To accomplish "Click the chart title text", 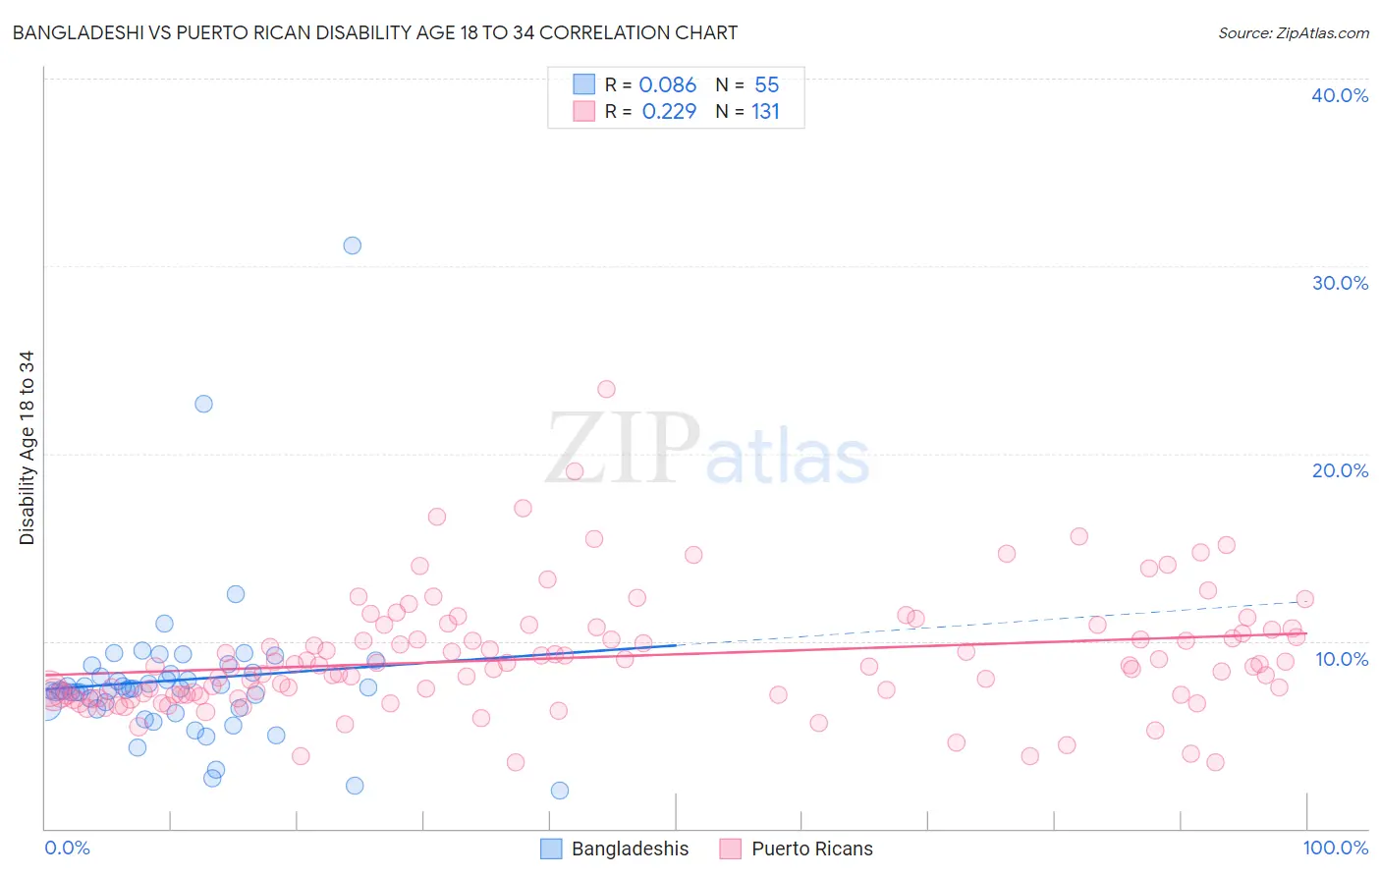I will (374, 32).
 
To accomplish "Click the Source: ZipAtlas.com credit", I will (1293, 32).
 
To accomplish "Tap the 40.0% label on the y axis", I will (1340, 95).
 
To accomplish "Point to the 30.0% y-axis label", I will (1340, 283).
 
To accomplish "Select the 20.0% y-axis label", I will (1340, 470).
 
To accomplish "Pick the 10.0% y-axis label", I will (1342, 659).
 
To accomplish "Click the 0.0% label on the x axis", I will (67, 848).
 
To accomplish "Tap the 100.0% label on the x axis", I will (1335, 848).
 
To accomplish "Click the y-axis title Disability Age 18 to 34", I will (27, 448).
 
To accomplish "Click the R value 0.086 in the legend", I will (667, 84).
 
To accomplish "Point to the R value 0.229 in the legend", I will (669, 111).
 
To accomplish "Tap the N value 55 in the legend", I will (766, 84).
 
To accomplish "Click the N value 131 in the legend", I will (765, 111).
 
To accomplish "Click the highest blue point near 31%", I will (352, 246).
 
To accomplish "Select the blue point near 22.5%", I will (203, 404).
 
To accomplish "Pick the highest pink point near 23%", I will (606, 389).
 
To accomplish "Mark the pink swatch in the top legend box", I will (583, 111).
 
